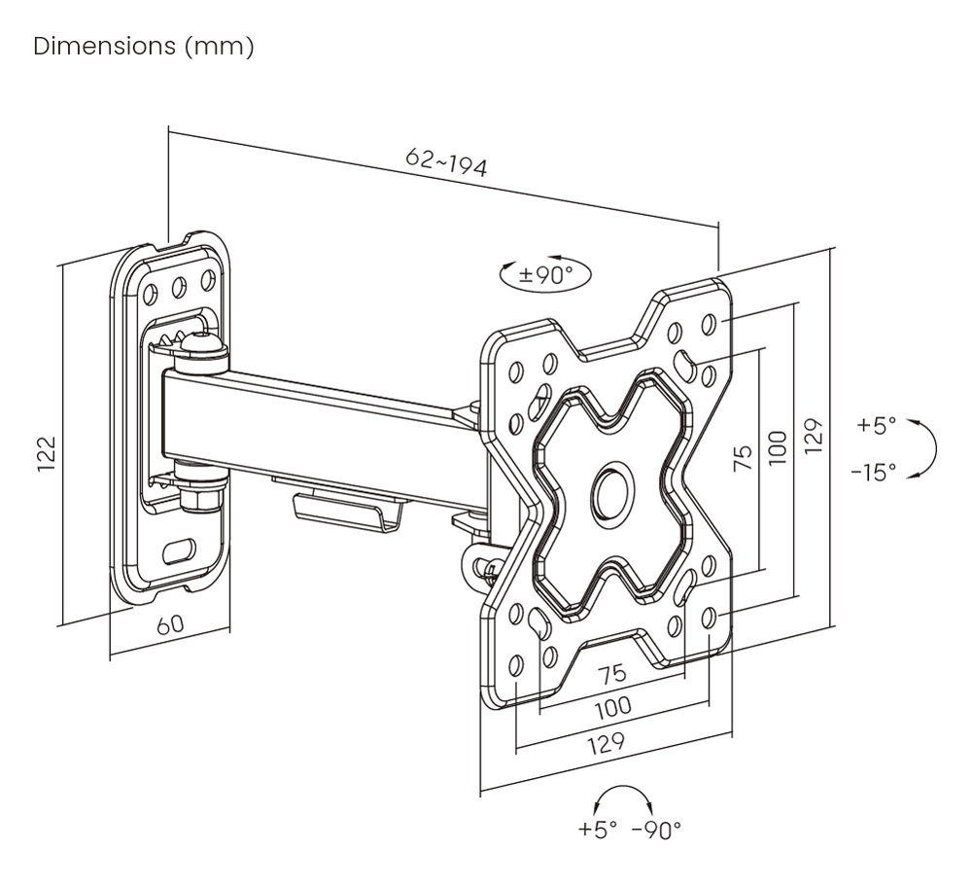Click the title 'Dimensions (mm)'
click(x=144, y=47)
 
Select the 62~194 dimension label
click(x=446, y=162)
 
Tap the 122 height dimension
click(x=47, y=454)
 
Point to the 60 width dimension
click(x=170, y=624)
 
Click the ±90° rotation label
click(x=545, y=275)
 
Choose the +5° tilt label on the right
click(x=876, y=425)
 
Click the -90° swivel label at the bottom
click(x=657, y=831)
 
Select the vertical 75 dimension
click(x=742, y=458)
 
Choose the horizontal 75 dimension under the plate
click(x=611, y=673)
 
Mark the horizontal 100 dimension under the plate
click(x=611, y=707)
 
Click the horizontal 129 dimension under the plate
click(x=605, y=744)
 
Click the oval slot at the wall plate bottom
click(x=179, y=550)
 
